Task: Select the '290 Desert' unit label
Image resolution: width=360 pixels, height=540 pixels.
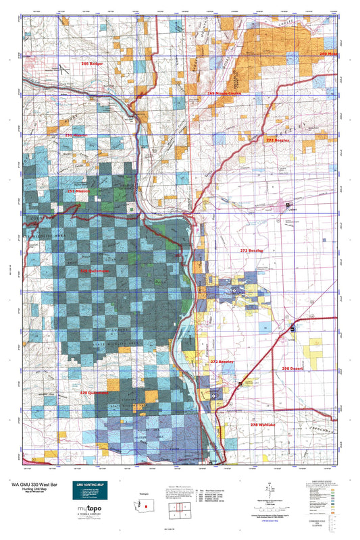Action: click(x=294, y=369)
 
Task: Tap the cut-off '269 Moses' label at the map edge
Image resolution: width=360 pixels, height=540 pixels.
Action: click(x=328, y=53)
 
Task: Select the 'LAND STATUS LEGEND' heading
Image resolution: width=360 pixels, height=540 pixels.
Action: click(x=315, y=482)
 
